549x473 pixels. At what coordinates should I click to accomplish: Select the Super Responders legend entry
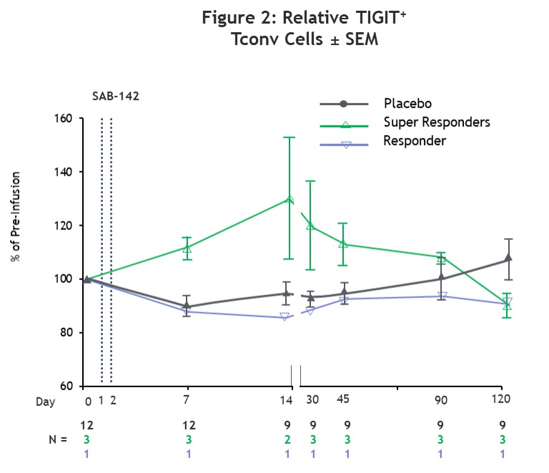point(436,122)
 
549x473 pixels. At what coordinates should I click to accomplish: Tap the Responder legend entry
point(414,141)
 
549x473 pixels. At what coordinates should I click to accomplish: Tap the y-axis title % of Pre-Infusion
point(16,216)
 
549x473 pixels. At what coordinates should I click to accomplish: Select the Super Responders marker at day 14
point(290,199)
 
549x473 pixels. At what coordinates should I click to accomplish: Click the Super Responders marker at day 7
point(187,249)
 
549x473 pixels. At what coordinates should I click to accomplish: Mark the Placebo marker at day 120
point(508,258)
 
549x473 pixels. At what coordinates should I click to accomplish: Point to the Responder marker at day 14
point(285,317)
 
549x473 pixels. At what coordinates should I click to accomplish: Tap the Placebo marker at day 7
point(187,307)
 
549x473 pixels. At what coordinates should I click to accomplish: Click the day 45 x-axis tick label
point(343,399)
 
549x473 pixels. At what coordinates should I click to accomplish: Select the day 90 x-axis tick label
point(441,401)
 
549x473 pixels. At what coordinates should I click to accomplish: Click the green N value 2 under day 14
point(287,439)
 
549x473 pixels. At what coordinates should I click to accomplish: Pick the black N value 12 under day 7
point(188,426)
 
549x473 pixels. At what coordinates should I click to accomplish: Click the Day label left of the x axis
point(45,402)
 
